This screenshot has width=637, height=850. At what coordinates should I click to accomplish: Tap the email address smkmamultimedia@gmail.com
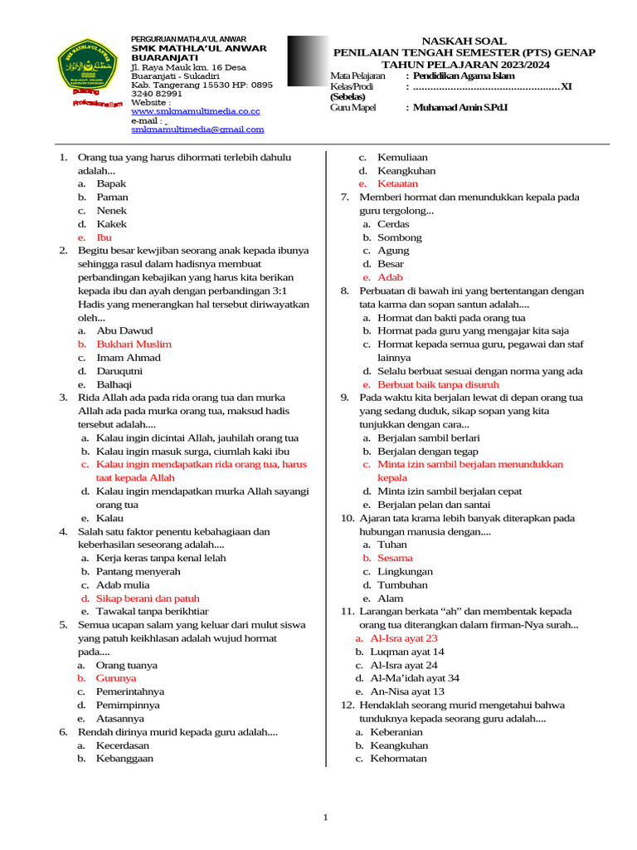tap(197, 129)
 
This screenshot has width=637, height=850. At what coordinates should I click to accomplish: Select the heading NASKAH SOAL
tap(464, 41)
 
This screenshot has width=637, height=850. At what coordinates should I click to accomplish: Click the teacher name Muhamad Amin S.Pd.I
tap(469, 108)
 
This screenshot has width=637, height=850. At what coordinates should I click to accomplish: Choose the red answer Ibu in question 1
tap(104, 237)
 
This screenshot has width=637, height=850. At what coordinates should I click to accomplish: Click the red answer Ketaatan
tap(398, 183)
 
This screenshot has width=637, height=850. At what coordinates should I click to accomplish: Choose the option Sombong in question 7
tap(400, 237)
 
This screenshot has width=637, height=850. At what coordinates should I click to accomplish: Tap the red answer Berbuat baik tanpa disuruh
tap(438, 385)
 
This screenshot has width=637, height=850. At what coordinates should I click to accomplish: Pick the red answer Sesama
tap(395, 559)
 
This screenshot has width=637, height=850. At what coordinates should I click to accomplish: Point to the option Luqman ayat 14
tap(407, 652)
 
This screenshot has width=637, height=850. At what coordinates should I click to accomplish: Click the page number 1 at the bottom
tap(326, 818)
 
